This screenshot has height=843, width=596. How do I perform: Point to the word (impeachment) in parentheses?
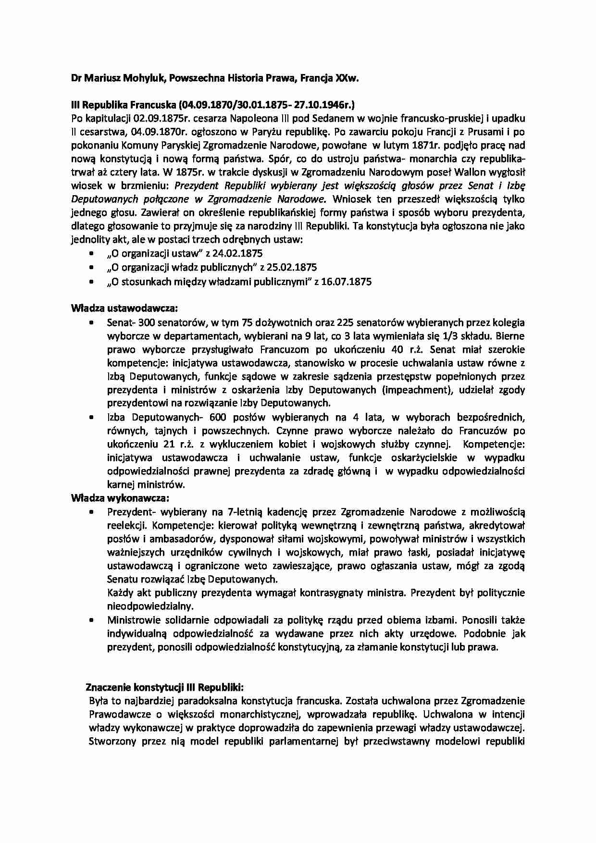coord(417,390)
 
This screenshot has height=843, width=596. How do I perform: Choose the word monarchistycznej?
coord(260,714)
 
